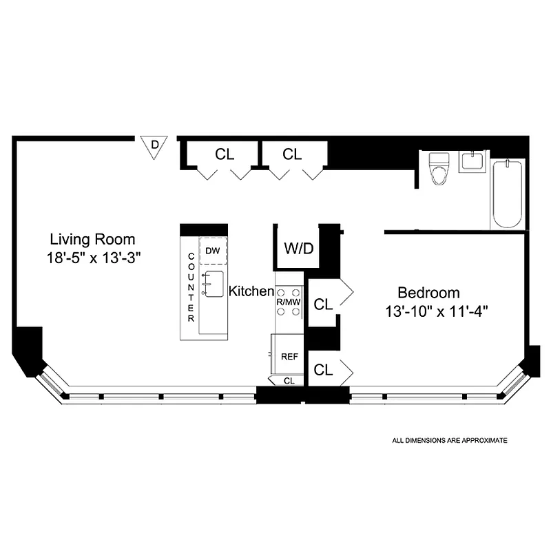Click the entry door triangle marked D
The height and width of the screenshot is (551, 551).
(155, 145)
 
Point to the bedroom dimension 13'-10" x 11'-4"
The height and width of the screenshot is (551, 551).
(437, 310)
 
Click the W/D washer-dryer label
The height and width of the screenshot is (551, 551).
(298, 248)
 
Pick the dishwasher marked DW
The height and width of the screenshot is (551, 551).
(213, 251)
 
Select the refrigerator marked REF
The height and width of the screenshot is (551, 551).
(289, 356)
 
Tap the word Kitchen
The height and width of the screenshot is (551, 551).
(251, 291)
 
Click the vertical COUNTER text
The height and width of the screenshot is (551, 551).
(191, 288)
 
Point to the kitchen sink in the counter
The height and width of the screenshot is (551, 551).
(212, 283)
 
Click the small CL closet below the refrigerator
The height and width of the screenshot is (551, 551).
(289, 380)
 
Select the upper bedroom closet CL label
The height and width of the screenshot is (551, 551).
(323, 303)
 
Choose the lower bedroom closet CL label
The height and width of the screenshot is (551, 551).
(323, 370)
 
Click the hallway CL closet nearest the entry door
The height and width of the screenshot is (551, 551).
(225, 154)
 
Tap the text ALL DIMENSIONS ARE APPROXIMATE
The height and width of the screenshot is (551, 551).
(449, 439)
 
